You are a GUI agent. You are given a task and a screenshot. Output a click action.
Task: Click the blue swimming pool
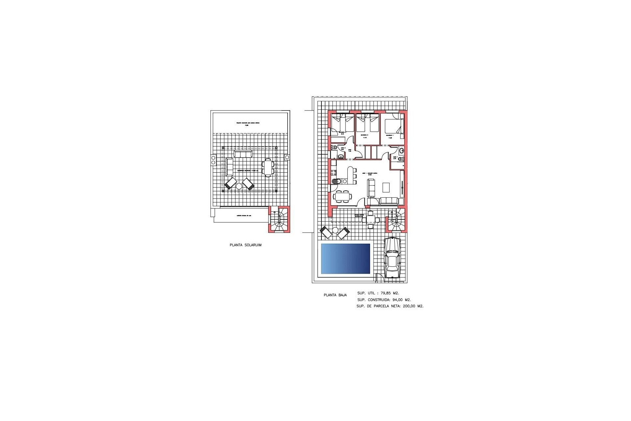345,259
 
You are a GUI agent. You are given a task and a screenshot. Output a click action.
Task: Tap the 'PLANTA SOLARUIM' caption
245,245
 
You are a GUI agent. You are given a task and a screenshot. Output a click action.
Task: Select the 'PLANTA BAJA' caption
335,295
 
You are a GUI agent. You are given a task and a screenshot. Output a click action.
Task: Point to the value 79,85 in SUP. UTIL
386,293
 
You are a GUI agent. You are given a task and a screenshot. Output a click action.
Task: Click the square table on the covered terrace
371,219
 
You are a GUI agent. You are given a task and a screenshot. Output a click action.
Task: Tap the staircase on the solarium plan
280,219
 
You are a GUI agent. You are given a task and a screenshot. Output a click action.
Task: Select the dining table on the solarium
268,167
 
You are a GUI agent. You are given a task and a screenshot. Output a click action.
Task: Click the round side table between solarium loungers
239,186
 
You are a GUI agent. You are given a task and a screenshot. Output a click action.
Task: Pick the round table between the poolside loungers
335,230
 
